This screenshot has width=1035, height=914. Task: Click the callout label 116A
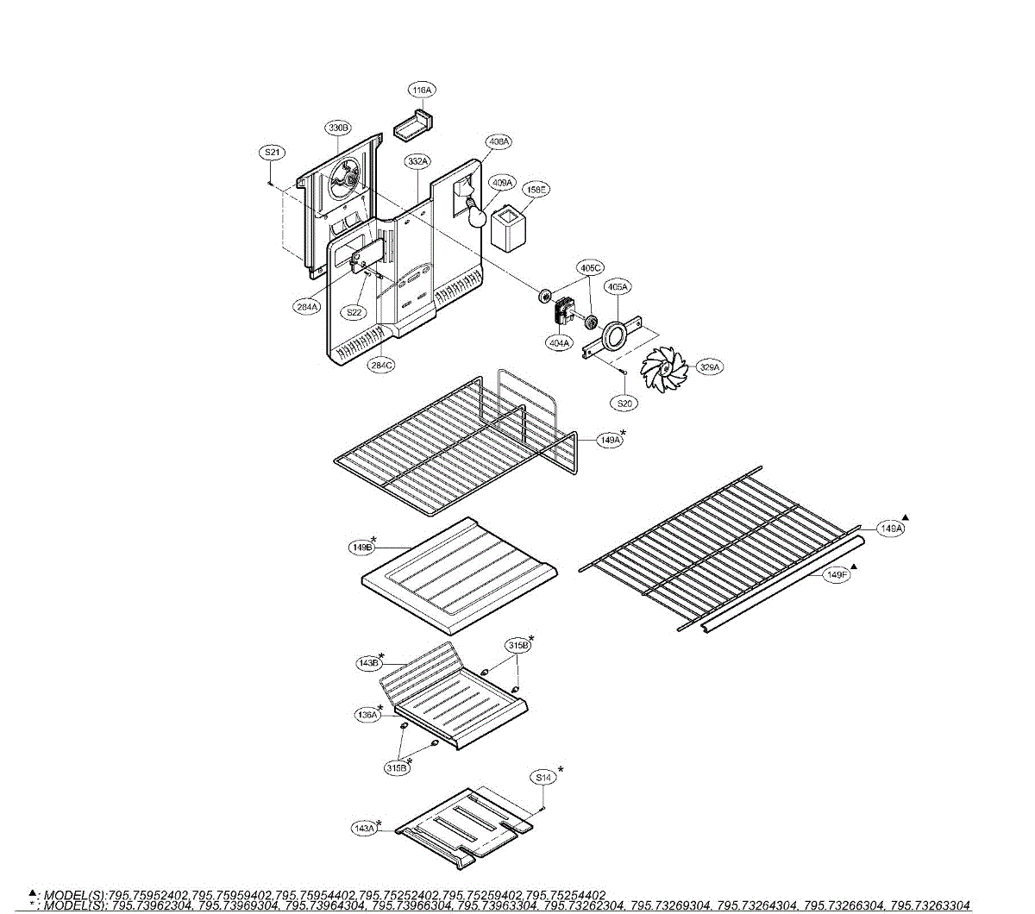(x=422, y=90)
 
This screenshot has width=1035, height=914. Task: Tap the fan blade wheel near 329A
(x=664, y=372)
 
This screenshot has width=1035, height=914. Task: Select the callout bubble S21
(x=272, y=153)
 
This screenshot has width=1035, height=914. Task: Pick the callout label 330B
(x=338, y=128)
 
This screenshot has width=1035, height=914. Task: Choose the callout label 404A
(x=559, y=343)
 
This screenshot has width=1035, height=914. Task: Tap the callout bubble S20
(x=625, y=403)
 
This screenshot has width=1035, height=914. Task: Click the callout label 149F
(x=836, y=575)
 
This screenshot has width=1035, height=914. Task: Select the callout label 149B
(x=362, y=547)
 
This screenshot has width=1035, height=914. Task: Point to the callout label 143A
(x=365, y=829)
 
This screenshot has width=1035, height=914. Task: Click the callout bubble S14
(x=543, y=778)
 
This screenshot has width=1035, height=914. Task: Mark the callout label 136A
(x=367, y=715)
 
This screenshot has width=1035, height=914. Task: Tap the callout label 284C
(x=381, y=365)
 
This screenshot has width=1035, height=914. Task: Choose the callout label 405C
(x=591, y=268)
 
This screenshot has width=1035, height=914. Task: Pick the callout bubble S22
(x=354, y=312)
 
